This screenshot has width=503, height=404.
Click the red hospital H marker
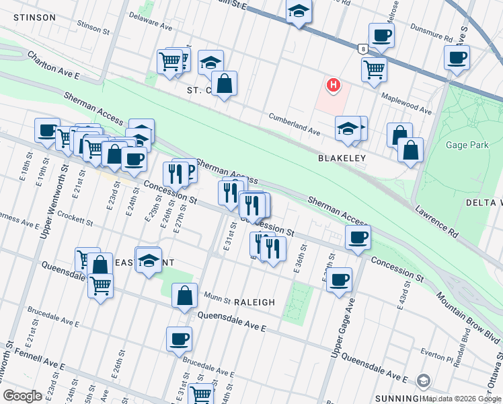coord(332,85)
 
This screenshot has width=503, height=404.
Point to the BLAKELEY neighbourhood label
coord(342,158)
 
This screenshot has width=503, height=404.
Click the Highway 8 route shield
coord(363,48)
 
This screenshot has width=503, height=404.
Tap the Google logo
coord(23,395)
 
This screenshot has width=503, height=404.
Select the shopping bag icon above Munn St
coord(184,296)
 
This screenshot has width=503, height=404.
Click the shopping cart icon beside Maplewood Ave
coord(374,69)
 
